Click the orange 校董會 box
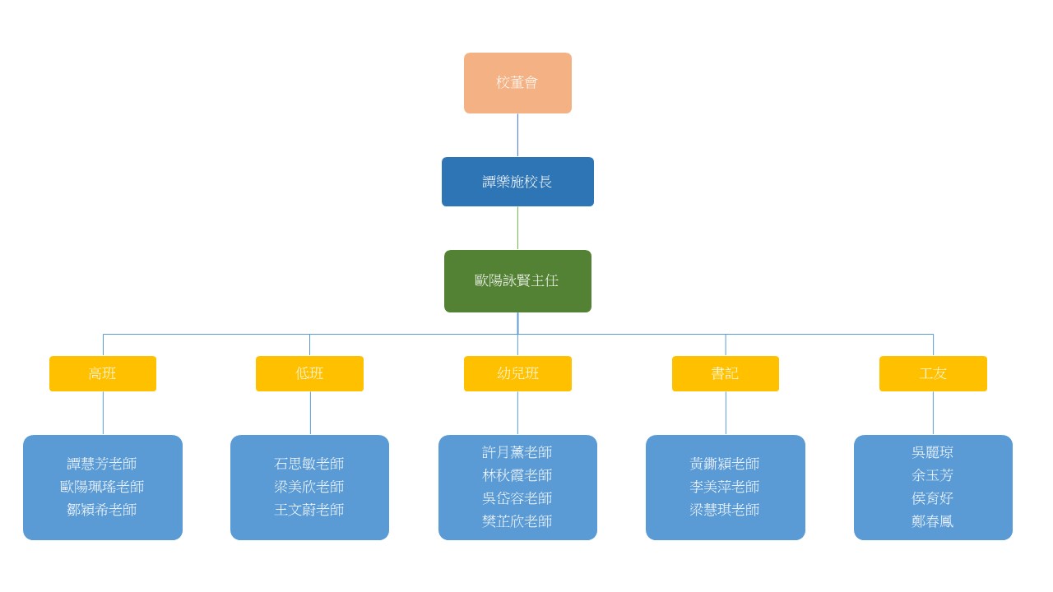coord(517,83)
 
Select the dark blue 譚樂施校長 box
coord(517,182)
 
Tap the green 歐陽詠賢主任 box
coord(517,281)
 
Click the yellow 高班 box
coord(103,373)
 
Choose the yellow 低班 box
coord(310,373)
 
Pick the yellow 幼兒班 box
coord(517,373)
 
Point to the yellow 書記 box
coord(726,373)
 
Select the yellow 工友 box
coord(933,373)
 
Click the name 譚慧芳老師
coord(102,464)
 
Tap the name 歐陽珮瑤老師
coord(102,487)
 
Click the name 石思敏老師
coord(309,464)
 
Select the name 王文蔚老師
coord(309,510)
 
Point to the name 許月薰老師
coord(517,452)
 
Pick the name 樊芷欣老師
coord(517,521)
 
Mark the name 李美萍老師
coord(725,487)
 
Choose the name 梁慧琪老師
coord(725,510)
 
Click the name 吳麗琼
coord(933,452)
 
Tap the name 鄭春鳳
coord(933,521)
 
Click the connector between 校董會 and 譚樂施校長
coord(517,136)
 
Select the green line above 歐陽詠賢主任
coord(517,229)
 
